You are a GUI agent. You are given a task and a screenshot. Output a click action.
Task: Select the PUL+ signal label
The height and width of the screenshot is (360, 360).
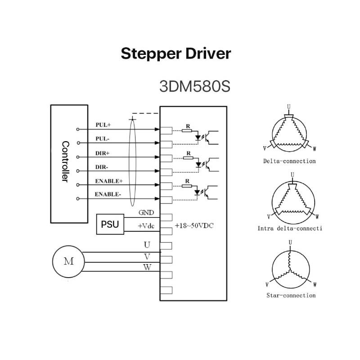pos(103,125)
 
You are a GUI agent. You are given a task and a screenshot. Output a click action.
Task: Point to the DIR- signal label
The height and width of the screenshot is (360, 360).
pos(102,167)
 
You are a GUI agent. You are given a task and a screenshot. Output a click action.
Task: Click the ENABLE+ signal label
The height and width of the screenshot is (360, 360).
pos(109,181)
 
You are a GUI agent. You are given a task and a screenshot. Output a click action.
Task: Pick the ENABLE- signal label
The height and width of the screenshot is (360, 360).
pos(108,194)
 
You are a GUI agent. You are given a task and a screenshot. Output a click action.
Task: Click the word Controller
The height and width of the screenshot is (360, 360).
pos(65,162)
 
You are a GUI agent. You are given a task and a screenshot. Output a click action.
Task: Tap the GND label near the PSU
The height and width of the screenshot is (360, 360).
pos(146,212)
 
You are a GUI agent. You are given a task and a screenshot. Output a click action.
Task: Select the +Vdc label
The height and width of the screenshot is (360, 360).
pos(146,226)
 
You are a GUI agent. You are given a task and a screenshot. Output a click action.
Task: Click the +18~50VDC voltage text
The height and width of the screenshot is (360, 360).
pos(194,226)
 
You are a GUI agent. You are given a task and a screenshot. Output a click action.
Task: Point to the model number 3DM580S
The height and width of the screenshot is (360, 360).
pos(195,86)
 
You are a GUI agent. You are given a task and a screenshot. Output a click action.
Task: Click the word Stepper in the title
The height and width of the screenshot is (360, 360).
pos(151,54)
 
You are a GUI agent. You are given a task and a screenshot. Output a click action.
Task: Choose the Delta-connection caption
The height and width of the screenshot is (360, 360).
pos(289,161)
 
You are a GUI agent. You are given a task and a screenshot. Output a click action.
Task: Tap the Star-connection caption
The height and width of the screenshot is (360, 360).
pos(291,296)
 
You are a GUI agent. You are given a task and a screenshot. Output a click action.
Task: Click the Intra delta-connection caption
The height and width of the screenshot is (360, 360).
pos(290,229)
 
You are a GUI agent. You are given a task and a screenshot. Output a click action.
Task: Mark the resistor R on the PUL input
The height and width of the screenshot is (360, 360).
pos(187,130)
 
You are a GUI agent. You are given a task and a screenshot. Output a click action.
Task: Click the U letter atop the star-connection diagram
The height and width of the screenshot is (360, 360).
pos(290,243)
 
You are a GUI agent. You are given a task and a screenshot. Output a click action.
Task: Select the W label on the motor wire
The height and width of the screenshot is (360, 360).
pos(147,267)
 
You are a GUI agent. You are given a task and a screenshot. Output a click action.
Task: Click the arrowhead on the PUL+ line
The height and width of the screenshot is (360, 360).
pos(157,129)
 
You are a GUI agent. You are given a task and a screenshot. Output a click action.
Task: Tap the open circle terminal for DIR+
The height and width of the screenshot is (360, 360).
pos(77,157)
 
